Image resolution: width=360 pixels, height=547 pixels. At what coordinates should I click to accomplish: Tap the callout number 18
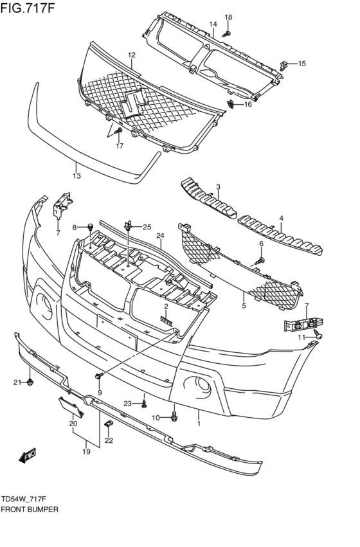[x=228, y=17]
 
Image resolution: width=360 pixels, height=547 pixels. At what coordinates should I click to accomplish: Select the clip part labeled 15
[x=284, y=64]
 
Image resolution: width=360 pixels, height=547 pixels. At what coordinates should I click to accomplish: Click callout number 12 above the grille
[x=131, y=55]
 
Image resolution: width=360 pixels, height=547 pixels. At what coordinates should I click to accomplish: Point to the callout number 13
[x=76, y=175]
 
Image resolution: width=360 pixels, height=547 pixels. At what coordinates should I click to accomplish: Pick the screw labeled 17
[x=118, y=131]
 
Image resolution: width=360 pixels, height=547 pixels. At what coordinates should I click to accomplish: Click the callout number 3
[x=218, y=187]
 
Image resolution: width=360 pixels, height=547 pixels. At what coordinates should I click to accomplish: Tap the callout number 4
[x=281, y=219]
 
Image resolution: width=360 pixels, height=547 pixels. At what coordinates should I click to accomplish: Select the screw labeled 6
[x=258, y=260]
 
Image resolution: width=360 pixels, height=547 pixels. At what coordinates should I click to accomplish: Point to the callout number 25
[x=147, y=227]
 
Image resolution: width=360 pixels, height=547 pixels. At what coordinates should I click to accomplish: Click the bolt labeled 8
[x=91, y=227]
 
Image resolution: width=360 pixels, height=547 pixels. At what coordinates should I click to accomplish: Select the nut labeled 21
[x=31, y=383]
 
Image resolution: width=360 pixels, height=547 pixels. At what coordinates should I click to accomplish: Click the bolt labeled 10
[x=174, y=417]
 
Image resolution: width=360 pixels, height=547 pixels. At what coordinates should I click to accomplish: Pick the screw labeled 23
[x=144, y=404]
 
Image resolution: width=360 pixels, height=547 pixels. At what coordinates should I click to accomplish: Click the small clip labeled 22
[x=109, y=423]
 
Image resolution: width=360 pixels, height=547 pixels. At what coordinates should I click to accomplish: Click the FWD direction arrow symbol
[x=27, y=457]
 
